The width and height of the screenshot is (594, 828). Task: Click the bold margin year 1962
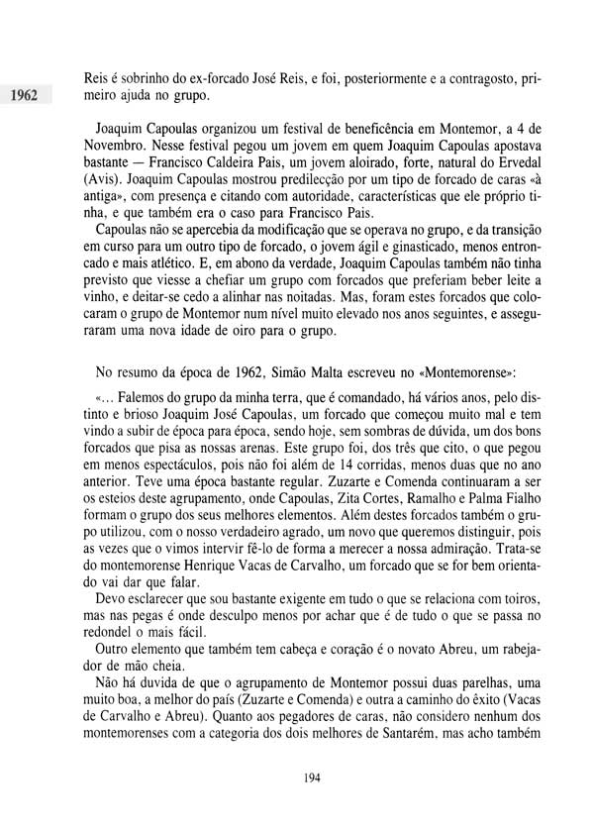pyautogui.click(x=21, y=96)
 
